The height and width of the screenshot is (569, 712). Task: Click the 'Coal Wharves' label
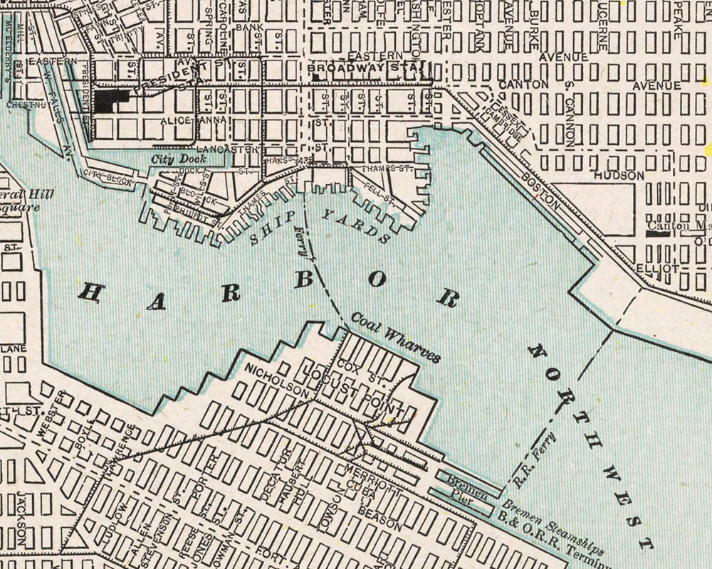[394, 341]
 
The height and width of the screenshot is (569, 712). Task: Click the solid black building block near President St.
[110, 100]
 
